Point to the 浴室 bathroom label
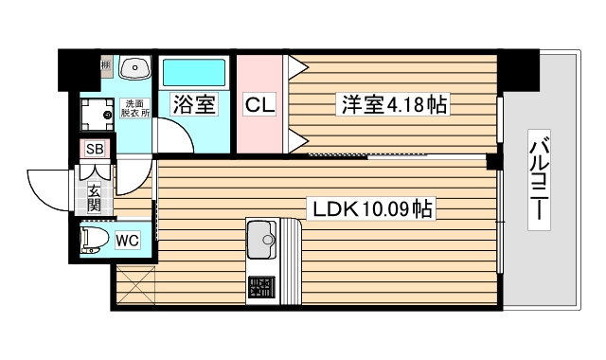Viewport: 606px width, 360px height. click(194, 103)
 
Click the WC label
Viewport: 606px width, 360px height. click(128, 240)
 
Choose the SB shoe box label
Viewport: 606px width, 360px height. click(95, 149)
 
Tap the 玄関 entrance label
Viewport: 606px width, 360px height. click(95, 189)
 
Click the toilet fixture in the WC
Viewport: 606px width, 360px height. click(93, 240)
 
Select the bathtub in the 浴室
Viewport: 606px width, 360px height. click(193, 73)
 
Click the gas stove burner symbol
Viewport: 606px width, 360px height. click(261, 285)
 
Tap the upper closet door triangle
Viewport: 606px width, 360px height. click(297, 66)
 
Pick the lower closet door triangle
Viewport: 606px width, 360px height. click(297, 142)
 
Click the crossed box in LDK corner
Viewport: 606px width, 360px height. click(134, 286)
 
